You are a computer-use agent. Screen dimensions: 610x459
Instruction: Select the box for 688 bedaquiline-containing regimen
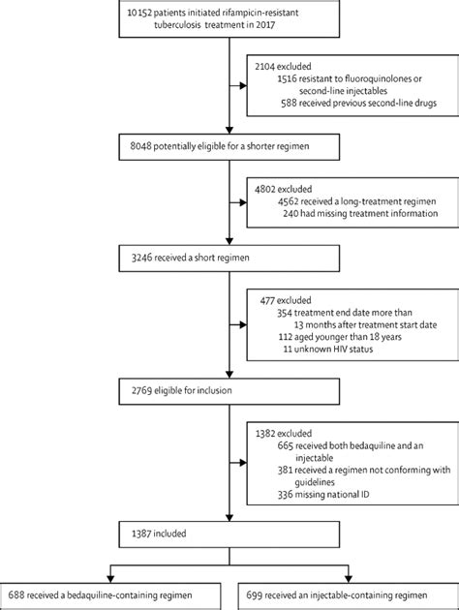[113, 592]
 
